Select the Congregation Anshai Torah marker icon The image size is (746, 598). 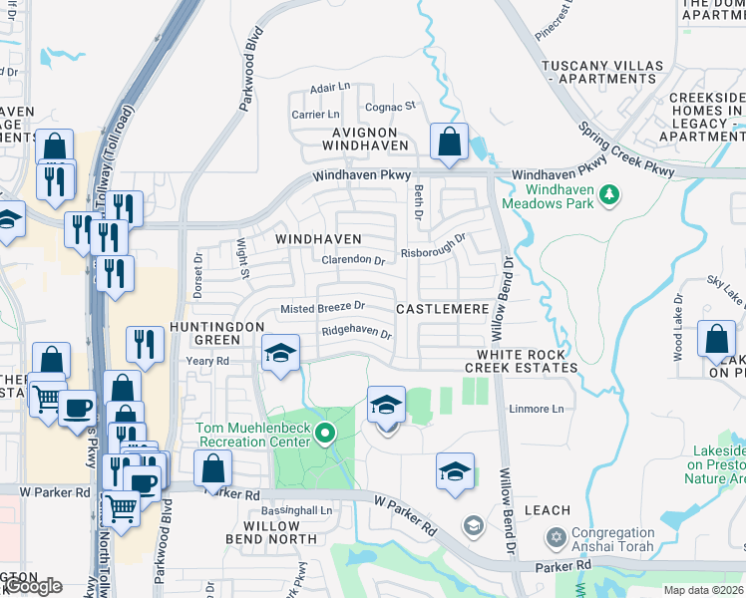pyautogui.click(x=557, y=539)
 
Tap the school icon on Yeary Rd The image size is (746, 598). pyautogui.click(x=281, y=354)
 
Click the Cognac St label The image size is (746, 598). pyautogui.click(x=390, y=106)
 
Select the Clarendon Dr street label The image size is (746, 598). pyautogui.click(x=353, y=260)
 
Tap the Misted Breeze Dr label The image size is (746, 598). pyautogui.click(x=322, y=308)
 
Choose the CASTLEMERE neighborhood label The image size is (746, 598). pyautogui.click(x=443, y=310)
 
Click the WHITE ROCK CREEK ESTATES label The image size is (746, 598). pyautogui.click(x=521, y=361)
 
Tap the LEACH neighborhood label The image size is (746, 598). pyautogui.click(x=548, y=510)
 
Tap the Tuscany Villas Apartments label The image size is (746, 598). pyautogui.click(x=601, y=72)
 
